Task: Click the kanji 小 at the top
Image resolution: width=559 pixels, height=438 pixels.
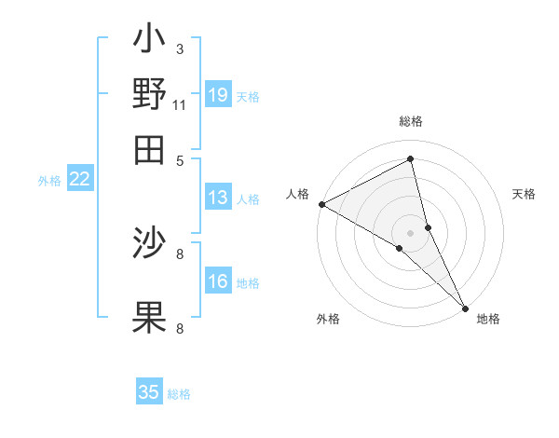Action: click(x=149, y=43)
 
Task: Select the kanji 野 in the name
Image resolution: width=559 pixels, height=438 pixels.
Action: click(x=149, y=94)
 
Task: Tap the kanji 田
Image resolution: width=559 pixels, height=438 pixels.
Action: click(x=149, y=149)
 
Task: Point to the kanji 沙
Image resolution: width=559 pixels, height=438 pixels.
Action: click(x=149, y=243)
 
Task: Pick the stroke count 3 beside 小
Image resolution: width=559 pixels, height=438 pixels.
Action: click(x=179, y=48)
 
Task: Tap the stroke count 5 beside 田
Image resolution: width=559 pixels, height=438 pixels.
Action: click(x=180, y=159)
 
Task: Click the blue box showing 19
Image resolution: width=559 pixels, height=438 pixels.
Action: click(x=218, y=94)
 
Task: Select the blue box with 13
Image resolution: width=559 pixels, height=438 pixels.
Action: click(x=218, y=198)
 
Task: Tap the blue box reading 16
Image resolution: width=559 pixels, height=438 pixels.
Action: click(x=218, y=282)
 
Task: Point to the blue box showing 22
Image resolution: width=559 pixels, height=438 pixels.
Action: click(x=79, y=180)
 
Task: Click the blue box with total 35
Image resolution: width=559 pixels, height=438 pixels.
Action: click(x=149, y=392)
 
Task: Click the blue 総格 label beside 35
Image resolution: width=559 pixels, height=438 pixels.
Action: click(x=180, y=394)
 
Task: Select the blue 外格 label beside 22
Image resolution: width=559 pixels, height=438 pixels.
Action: click(x=49, y=181)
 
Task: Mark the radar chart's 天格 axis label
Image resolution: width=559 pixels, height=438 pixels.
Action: click(x=524, y=194)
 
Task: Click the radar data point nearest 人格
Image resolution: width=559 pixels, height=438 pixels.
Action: click(x=321, y=204)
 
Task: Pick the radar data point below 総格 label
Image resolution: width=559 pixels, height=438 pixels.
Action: click(x=411, y=159)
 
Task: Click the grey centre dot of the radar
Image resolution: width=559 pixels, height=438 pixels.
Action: click(x=410, y=232)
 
